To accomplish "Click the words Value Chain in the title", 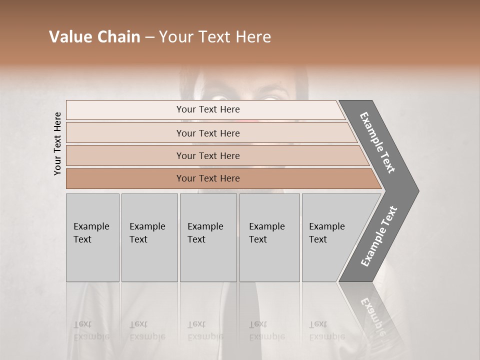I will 94,37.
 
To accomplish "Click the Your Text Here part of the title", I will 215,37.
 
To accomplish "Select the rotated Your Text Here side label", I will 58,143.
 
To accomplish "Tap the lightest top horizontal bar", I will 208,109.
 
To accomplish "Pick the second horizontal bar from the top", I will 208,133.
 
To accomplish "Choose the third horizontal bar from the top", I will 208,155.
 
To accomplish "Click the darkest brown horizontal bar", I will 208,178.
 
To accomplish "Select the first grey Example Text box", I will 92,237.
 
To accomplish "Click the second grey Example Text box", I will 149,237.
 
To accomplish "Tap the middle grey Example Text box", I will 208,237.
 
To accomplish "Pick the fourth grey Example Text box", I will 269,237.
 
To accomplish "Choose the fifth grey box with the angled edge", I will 330,237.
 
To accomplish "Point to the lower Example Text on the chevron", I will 379,236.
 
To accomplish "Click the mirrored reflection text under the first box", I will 91,330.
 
